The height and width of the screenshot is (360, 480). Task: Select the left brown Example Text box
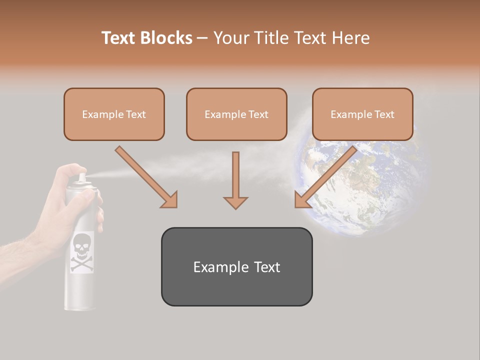(x=114, y=114)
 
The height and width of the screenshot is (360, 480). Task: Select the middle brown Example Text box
(x=236, y=114)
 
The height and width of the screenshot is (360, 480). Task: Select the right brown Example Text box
(x=362, y=114)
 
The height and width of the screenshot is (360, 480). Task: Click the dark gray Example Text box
(x=236, y=266)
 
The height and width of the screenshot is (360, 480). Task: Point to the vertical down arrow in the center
(x=235, y=180)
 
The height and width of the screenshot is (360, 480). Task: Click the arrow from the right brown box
(x=325, y=177)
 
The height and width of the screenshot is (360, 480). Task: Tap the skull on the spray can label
(x=81, y=244)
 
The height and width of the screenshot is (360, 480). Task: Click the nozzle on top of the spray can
(x=81, y=177)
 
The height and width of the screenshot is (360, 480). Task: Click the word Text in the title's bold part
(x=120, y=38)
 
